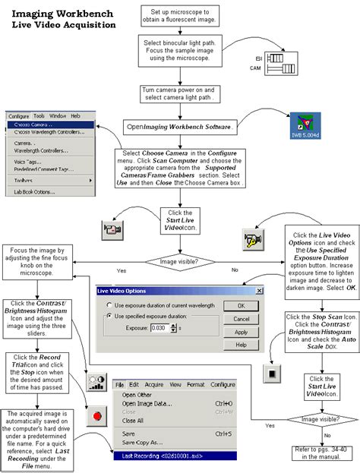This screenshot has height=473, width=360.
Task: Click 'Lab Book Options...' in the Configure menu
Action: (34, 192)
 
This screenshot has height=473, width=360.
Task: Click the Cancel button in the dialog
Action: (241, 319)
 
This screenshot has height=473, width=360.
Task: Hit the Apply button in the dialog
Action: (241, 332)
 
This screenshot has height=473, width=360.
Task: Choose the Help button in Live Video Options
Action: (241, 345)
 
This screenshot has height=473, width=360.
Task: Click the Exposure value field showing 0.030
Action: (159, 327)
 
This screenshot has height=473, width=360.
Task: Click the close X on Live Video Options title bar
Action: (258, 291)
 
